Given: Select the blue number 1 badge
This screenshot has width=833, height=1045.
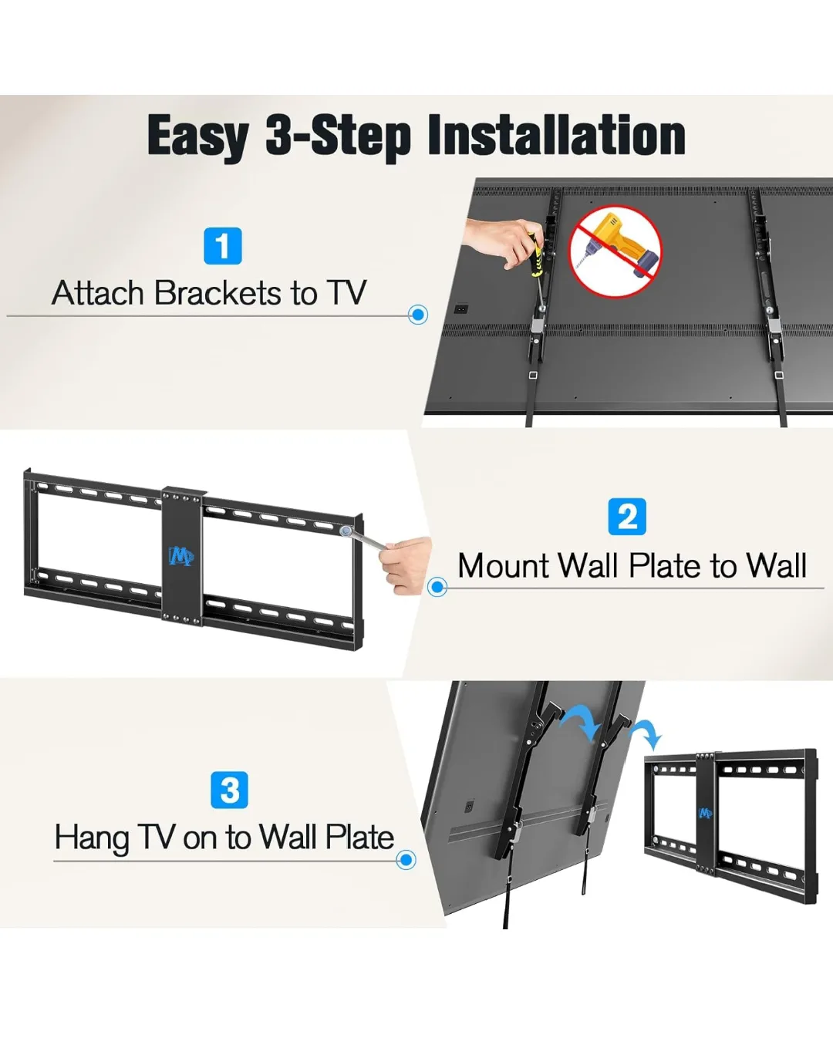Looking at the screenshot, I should pyautogui.click(x=223, y=246).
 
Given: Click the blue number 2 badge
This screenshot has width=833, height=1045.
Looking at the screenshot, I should pyautogui.click(x=627, y=517).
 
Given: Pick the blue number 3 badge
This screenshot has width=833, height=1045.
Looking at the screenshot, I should pyautogui.click(x=229, y=790).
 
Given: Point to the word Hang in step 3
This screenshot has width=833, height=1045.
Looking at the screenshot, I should pyautogui.click(x=91, y=838).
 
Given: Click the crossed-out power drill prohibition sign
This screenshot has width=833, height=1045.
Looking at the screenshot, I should pyautogui.click(x=615, y=251).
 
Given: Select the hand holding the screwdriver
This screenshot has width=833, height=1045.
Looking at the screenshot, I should pyautogui.click(x=500, y=240).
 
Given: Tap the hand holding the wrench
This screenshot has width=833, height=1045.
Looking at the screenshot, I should pyautogui.click(x=406, y=565).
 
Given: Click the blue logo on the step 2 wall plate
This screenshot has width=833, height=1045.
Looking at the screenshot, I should pyautogui.click(x=180, y=555).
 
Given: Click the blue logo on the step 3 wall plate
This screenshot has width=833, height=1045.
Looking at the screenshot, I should pyautogui.click(x=704, y=813).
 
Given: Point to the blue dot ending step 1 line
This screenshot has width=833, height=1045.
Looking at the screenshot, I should pyautogui.click(x=418, y=315).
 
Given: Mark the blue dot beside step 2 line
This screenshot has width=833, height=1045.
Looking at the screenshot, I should pyautogui.click(x=437, y=588).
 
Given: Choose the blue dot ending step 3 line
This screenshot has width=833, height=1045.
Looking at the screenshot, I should pyautogui.click(x=406, y=860).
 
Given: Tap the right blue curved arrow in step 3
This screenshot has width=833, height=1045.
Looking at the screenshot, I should pyautogui.click(x=645, y=733).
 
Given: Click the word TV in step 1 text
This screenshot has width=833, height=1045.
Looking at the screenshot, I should pyautogui.click(x=346, y=293).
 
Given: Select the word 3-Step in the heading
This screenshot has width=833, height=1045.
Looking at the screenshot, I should pyautogui.click(x=339, y=137).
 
